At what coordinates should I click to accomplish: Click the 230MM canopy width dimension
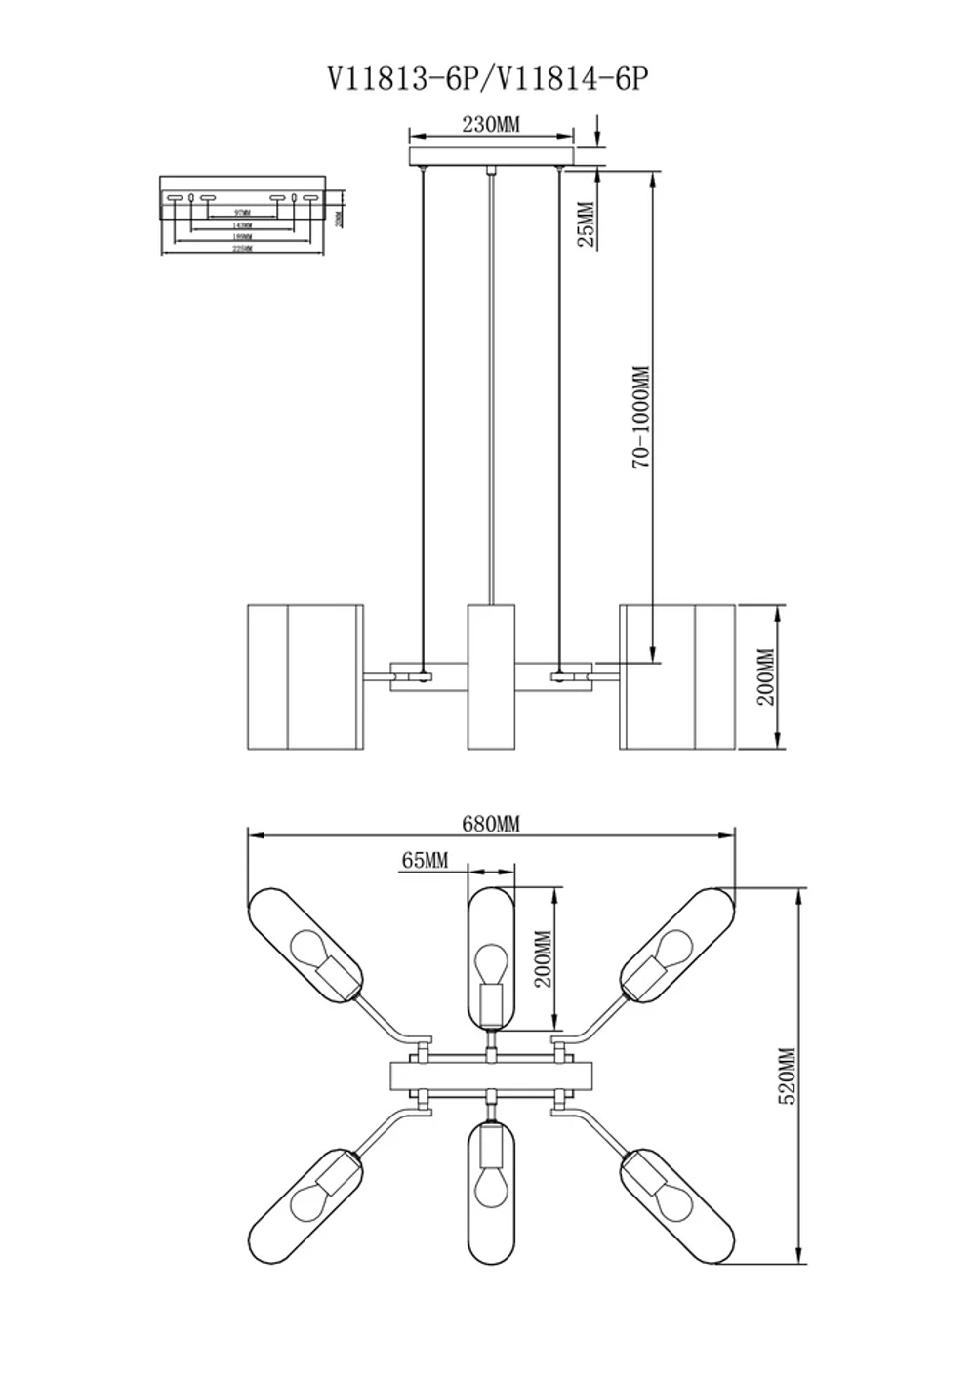pos(490,124)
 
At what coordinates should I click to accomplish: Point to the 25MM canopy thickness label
pos(586,223)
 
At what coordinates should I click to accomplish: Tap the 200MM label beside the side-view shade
pos(765,676)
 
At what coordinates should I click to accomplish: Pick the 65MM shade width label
pos(425,860)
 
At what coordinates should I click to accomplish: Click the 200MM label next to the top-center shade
pos(544,958)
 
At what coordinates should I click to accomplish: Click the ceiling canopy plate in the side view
pos(490,158)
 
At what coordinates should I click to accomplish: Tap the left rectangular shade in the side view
pos(305,676)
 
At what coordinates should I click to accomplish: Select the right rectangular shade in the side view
pos(677,676)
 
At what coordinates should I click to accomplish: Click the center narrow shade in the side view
pos(490,676)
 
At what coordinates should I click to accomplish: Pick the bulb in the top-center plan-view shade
pos(490,960)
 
